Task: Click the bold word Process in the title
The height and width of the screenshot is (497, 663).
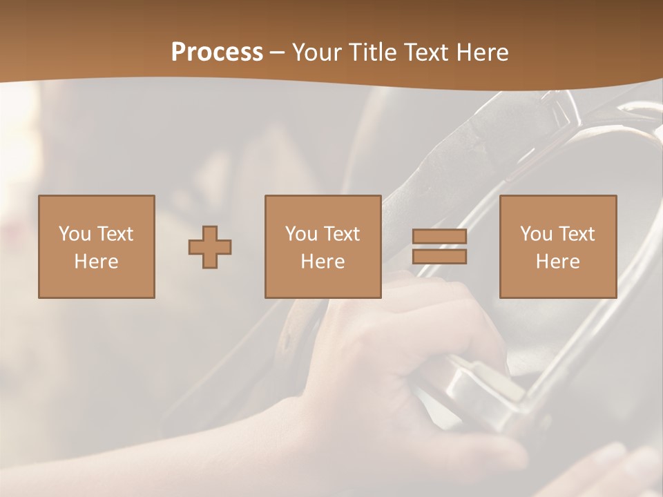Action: pyautogui.click(x=217, y=52)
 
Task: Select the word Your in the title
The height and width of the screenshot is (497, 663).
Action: pyautogui.click(x=315, y=52)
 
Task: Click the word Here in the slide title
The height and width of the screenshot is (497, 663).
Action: pyautogui.click(x=483, y=52)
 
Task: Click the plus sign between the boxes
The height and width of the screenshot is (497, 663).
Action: pyautogui.click(x=210, y=246)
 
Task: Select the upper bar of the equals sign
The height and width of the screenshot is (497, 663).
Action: pyautogui.click(x=439, y=237)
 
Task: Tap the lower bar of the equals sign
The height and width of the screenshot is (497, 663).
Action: pyautogui.click(x=439, y=256)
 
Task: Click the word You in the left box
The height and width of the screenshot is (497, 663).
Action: pyautogui.click(x=75, y=234)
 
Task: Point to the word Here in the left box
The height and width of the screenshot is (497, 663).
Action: pyautogui.click(x=96, y=262)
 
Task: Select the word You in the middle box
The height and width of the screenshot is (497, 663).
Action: pyautogui.click(x=301, y=234)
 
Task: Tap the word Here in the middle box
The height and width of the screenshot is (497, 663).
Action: pyautogui.click(x=323, y=262)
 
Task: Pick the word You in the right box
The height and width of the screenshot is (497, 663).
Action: pyautogui.click(x=536, y=234)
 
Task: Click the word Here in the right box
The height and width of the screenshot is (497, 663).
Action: pyautogui.click(x=557, y=262)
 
